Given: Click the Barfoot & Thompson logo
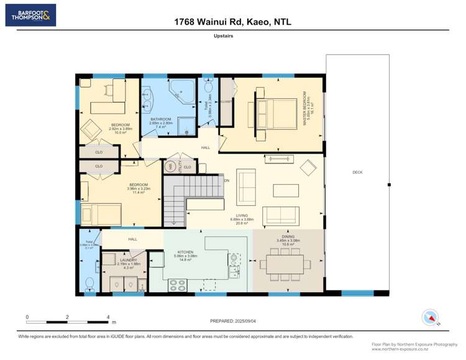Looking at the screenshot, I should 30,15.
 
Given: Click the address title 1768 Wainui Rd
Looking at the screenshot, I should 233,22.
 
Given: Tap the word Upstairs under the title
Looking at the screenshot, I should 232,36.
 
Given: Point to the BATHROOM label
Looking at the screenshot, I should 161,119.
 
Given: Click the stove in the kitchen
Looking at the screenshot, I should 177,285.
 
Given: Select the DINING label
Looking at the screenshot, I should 288,237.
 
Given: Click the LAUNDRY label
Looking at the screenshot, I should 121,261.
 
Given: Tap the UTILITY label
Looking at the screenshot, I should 178,167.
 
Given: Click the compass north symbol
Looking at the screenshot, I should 430,317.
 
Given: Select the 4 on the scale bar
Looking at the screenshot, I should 108,316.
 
